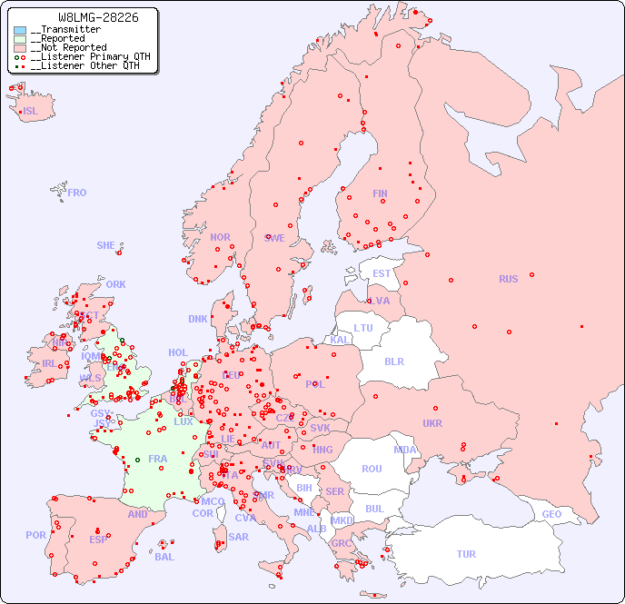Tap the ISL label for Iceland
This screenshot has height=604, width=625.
pyautogui.click(x=31, y=112)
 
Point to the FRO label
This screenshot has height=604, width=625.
pyautogui.click(x=77, y=193)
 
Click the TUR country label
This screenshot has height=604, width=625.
pyautogui.click(x=466, y=554)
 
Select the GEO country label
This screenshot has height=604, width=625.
pyautogui.click(x=551, y=514)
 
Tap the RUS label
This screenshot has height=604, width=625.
pyautogui.click(x=508, y=279)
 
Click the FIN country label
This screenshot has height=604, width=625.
pyautogui.click(x=380, y=193)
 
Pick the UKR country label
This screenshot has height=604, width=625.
pyautogui.click(x=432, y=423)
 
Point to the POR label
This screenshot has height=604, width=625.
pyautogui.click(x=35, y=535)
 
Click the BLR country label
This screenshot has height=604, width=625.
pyautogui.click(x=393, y=361)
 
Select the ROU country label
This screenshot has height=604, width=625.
pyautogui.click(x=372, y=469)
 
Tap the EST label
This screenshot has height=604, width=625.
pyautogui.click(x=382, y=273)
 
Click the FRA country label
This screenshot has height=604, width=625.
pyautogui.click(x=158, y=459)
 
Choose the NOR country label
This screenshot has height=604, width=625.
pyautogui.click(x=220, y=237)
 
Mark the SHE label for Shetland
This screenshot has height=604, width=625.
pyautogui.click(x=106, y=245)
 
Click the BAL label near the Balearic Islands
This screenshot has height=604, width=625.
pyautogui.click(x=164, y=557)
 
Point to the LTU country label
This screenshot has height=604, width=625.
pyautogui.click(x=363, y=328)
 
